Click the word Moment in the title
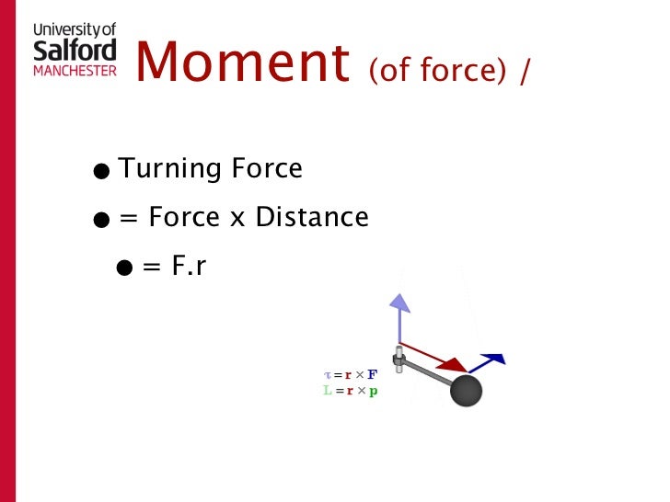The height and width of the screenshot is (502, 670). point(242,63)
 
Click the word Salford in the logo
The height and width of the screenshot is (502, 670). point(75,49)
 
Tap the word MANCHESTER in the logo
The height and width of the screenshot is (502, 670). point(75,70)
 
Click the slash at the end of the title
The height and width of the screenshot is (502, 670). point(525,71)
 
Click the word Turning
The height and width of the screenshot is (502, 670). point(170,169)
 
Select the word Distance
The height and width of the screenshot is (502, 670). point(312,218)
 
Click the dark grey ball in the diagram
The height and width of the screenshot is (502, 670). point(466,391)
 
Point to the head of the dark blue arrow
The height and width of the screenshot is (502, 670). point(496,359)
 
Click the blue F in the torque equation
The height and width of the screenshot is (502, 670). point(373,375)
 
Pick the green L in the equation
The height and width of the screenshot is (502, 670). point(327,391)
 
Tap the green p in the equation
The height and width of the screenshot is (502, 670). point(374,392)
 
